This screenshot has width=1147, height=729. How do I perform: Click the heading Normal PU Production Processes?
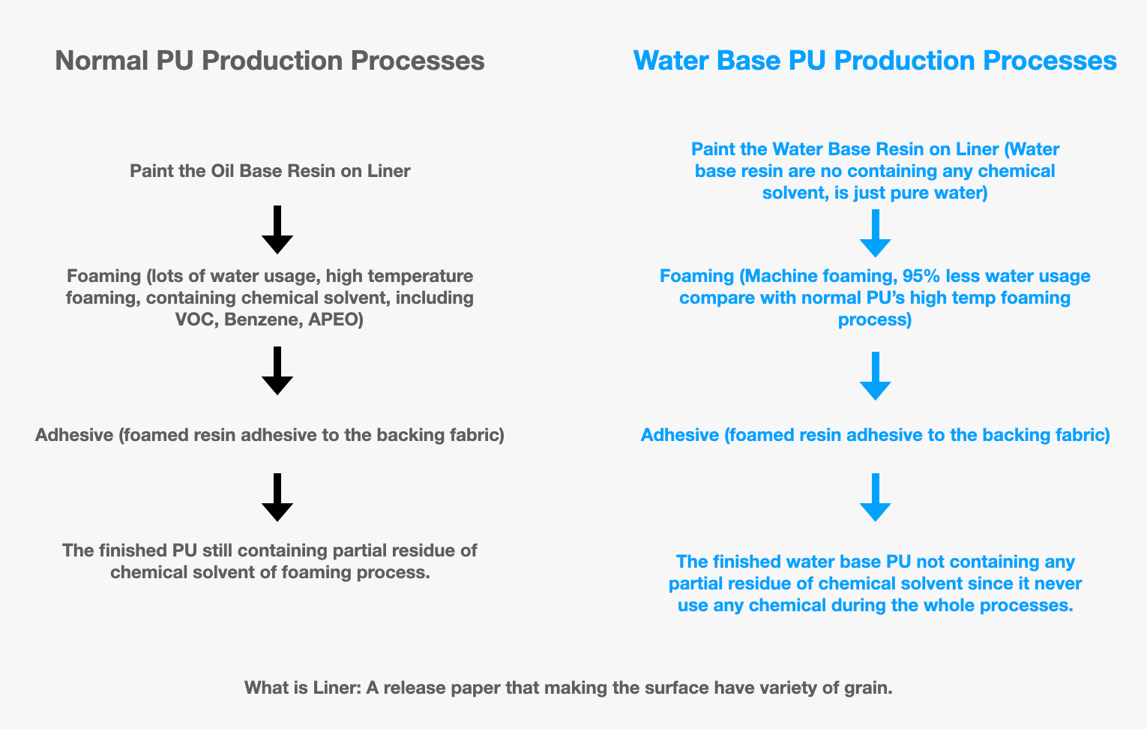pyautogui.click(x=269, y=61)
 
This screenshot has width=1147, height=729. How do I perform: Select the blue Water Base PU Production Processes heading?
pyautogui.click(x=875, y=61)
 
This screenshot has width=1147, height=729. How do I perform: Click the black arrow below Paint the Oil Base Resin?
pyautogui.click(x=277, y=229)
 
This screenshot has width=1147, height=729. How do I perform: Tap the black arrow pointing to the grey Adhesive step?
pyautogui.click(x=277, y=370)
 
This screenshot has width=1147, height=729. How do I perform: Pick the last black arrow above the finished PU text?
pyautogui.click(x=277, y=497)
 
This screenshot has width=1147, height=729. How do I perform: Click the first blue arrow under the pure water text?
pyautogui.click(x=875, y=233)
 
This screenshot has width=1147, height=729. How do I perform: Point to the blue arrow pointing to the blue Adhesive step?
pyautogui.click(x=875, y=376)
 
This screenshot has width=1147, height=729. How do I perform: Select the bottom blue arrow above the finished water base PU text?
pyautogui.click(x=875, y=497)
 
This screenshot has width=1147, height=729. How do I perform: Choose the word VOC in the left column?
pyautogui.click(x=193, y=320)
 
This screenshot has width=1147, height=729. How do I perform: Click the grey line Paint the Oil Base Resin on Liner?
pyautogui.click(x=270, y=171)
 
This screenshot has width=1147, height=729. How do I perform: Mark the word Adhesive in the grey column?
pyautogui.click(x=73, y=435)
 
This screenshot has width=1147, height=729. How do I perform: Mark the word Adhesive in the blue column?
pyautogui.click(x=679, y=435)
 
